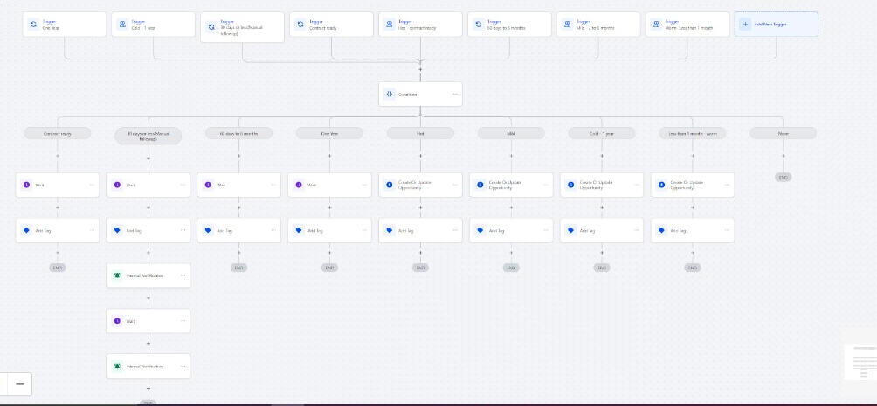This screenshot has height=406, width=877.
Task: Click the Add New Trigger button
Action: pyautogui.click(x=776, y=24)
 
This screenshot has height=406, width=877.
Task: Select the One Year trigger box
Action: pyautogui.click(x=64, y=24)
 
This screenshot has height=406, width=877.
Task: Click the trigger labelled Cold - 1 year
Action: pyautogui.click(x=153, y=24)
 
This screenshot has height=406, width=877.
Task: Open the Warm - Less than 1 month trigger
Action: pyautogui.click(x=687, y=24)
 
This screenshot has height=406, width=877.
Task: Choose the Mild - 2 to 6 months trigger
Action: pyautogui.click(x=598, y=24)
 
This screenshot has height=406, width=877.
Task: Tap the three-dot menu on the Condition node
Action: pyautogui.click(x=455, y=94)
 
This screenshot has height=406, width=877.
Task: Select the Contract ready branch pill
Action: pyautogui.click(x=58, y=133)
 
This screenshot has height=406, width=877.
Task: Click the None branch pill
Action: pyautogui.click(x=783, y=133)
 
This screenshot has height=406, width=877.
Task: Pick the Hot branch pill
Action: pyautogui.click(x=420, y=133)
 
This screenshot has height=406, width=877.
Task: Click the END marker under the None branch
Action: pyautogui.click(x=783, y=177)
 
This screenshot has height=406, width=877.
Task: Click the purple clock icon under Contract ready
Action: pyautogui.click(x=26, y=185)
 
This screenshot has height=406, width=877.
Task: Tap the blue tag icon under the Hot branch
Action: pyautogui.click(x=390, y=230)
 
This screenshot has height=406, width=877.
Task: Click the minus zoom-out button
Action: pyautogui.click(x=19, y=383)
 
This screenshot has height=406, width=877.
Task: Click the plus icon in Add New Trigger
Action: pyautogui.click(x=745, y=24)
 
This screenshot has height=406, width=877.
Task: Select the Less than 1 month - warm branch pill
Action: pyautogui.click(x=693, y=133)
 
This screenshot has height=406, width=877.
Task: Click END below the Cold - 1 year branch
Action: pyautogui.click(x=602, y=268)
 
